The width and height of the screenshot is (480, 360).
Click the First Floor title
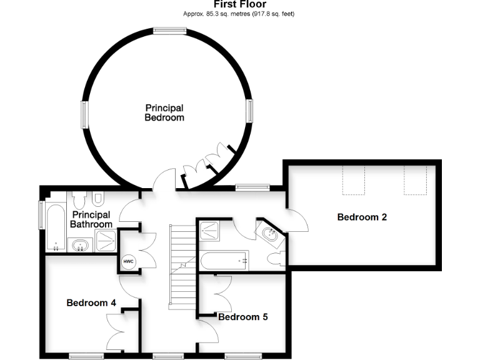coord(240,4)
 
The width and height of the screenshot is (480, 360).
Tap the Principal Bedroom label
coord(164,112)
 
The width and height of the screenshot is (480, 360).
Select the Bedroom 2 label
coord(362,217)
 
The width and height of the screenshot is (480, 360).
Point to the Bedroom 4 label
coord(91,302)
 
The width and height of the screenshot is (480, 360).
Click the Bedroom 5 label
coord(242,317)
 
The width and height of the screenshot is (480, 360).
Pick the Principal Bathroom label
coord(91,219)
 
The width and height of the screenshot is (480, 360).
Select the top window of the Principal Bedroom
coord(170,29)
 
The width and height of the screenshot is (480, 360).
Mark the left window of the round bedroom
coord(84,115)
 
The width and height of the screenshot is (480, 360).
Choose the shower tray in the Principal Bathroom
coord(105,240)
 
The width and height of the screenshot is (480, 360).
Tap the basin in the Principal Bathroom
coord(80,245)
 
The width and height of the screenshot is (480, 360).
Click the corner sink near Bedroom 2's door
coord(271,235)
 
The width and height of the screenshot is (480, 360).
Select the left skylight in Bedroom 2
coord(354,180)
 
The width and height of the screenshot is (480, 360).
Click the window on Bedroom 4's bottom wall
coord(86,356)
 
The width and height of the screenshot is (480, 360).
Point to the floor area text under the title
coord(240,13)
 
